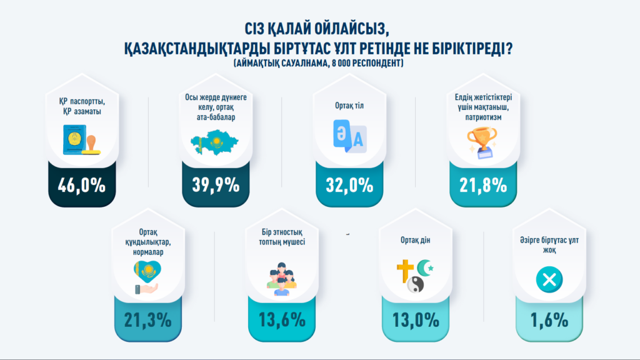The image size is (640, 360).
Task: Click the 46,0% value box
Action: point(81,185)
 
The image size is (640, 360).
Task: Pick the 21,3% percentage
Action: point(147,320)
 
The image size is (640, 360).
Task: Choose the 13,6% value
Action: point(282,320)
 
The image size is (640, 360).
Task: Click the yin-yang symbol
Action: point(415,285)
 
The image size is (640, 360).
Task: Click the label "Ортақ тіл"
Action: point(348,106)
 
